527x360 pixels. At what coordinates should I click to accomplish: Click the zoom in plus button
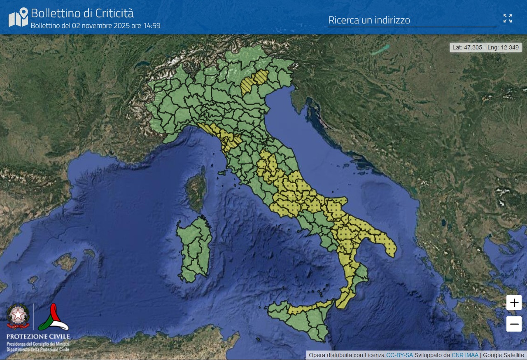(x=514, y=303)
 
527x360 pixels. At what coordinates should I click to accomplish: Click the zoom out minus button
(x=514, y=324)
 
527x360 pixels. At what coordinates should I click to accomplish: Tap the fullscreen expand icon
(x=508, y=19)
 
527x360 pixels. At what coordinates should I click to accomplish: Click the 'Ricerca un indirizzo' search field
(x=412, y=20)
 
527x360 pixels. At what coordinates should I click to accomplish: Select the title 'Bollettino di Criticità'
(x=82, y=13)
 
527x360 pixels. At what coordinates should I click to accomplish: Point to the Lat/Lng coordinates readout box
(x=485, y=47)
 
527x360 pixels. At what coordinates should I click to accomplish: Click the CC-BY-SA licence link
(x=399, y=355)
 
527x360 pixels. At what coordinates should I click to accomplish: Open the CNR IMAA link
(x=465, y=355)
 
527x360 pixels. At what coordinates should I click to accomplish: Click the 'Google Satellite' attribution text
(x=503, y=355)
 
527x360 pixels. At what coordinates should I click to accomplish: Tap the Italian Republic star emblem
(x=18, y=316)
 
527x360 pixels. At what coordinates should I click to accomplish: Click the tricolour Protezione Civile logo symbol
(x=53, y=318)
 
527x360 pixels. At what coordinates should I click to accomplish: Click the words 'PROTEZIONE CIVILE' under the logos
(x=38, y=337)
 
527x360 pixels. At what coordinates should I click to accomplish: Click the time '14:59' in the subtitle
(x=152, y=26)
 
